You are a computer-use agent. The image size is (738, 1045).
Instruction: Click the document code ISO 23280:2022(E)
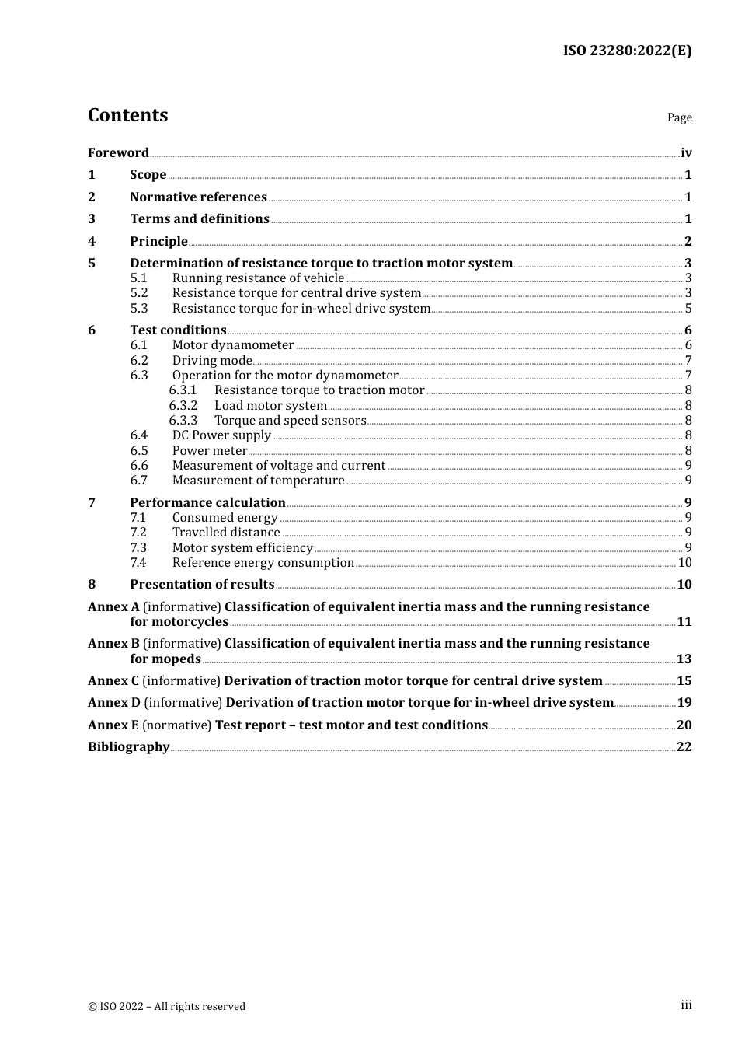[627, 51]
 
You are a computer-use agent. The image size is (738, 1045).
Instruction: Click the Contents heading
[127, 115]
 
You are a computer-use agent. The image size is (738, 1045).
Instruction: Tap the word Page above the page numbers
[679, 117]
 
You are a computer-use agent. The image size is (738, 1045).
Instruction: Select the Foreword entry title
[118, 153]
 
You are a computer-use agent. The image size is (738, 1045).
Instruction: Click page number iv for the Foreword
[686, 153]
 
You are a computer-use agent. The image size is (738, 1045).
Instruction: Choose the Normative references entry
[198, 197]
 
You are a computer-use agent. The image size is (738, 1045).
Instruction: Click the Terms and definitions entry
[200, 219]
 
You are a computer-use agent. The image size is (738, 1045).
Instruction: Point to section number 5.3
[139, 309]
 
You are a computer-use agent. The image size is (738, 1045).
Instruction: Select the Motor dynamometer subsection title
[233, 345]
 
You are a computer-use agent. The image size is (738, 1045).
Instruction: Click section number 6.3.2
[183, 406]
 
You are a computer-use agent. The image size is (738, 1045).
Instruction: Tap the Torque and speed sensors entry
[290, 421]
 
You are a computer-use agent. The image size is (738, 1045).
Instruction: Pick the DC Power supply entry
[221, 435]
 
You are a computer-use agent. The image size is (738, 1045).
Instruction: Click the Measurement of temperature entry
[258, 481]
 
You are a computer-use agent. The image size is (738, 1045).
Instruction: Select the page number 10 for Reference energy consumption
[684, 563]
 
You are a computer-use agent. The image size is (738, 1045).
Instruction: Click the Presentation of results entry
[202, 585]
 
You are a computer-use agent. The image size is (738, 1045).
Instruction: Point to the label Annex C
[113, 681]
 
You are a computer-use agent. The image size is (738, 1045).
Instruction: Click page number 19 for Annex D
[684, 703]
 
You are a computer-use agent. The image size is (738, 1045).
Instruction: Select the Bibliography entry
[128, 747]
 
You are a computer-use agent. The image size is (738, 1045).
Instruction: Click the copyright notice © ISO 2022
[166, 1006]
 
